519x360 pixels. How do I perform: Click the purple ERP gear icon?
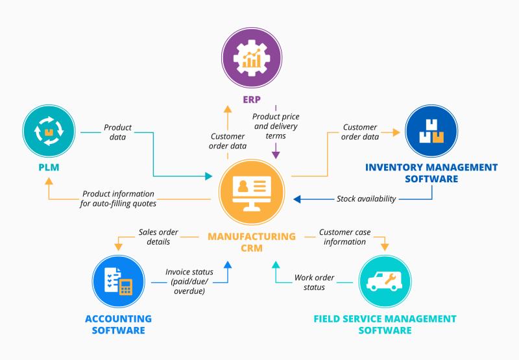point(252,58)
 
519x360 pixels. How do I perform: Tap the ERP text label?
point(252,99)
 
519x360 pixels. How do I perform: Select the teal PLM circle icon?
point(49,131)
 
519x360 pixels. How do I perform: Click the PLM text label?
point(49,167)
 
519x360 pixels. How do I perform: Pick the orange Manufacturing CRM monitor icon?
point(252,192)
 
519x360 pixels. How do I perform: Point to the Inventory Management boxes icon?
point(431,131)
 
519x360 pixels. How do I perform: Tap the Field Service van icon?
point(385,282)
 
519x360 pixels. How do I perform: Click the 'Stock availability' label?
point(366,198)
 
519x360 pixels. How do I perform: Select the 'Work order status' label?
point(314,282)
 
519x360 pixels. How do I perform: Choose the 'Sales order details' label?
point(158,237)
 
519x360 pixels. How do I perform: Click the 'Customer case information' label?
point(344,237)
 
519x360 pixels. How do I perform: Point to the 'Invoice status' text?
point(189,272)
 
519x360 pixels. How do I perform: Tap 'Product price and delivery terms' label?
point(276,126)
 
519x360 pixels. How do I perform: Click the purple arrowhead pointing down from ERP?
point(276,155)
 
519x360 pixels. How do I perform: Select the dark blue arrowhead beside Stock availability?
point(297,199)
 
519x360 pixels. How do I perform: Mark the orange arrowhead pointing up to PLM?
point(49,181)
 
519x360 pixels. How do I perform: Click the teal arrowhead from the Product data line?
point(208,176)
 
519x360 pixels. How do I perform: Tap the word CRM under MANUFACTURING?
point(252,248)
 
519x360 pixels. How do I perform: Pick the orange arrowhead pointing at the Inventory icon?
point(396,132)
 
